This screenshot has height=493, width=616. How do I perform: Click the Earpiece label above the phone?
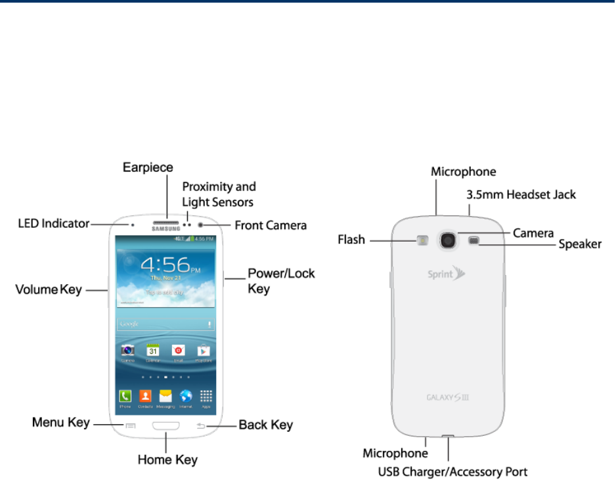(x=148, y=168)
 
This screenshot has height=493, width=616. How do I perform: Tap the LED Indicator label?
(x=53, y=224)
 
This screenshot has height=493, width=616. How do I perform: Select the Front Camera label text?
(x=271, y=226)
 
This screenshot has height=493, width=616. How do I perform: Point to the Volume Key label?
(x=49, y=289)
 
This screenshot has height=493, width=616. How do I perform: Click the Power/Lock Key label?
(x=281, y=280)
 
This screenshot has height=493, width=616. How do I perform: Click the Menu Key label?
(x=60, y=423)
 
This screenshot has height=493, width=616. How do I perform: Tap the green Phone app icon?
(x=125, y=397)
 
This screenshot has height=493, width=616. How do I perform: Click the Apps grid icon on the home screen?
(x=206, y=397)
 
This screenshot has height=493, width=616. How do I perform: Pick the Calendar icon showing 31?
(x=152, y=351)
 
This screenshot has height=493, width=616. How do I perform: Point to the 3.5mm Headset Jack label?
(x=521, y=194)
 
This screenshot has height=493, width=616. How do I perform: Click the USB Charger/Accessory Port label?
(x=452, y=471)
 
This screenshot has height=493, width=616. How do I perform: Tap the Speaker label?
(x=580, y=244)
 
